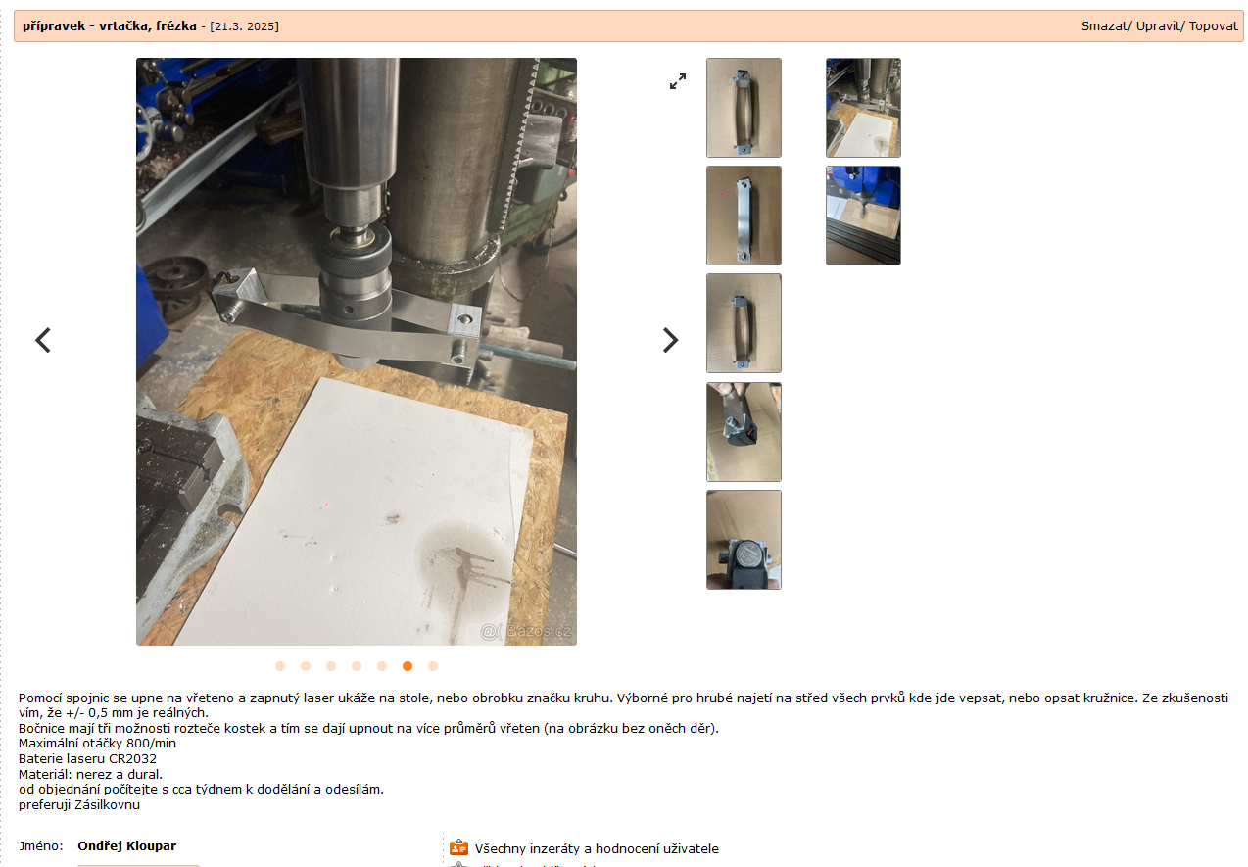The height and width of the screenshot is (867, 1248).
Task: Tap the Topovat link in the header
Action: (x=1214, y=26)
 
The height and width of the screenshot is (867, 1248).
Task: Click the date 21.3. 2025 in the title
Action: (x=244, y=26)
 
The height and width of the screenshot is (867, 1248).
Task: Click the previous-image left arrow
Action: (x=43, y=340)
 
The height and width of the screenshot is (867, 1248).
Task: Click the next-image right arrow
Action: (x=670, y=340)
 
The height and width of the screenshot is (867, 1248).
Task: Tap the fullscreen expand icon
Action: (x=678, y=81)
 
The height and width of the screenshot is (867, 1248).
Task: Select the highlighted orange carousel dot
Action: (x=408, y=666)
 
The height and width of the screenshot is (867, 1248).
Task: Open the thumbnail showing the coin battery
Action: (x=744, y=540)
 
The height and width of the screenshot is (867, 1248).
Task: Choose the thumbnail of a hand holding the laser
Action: (x=744, y=432)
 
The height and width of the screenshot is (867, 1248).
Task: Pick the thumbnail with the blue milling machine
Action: (x=863, y=216)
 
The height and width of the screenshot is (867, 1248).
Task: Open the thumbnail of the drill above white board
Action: (x=863, y=108)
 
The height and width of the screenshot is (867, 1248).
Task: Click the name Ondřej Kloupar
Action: (x=127, y=845)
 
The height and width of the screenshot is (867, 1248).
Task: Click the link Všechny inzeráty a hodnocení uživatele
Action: (x=597, y=848)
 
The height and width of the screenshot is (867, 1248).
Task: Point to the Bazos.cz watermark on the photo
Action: (x=525, y=631)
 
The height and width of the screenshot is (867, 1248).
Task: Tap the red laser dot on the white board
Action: (x=327, y=505)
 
